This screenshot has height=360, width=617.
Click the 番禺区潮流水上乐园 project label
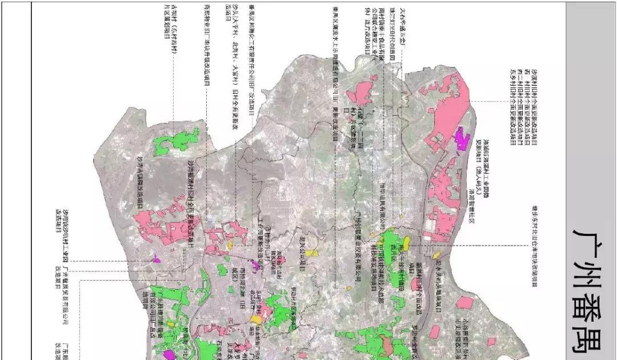pyautogui.click(x=337, y=69)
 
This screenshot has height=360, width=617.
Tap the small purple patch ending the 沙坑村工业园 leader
pyautogui.click(x=156, y=260)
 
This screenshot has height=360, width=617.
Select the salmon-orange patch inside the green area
pyautogui.click(x=388, y=345)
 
